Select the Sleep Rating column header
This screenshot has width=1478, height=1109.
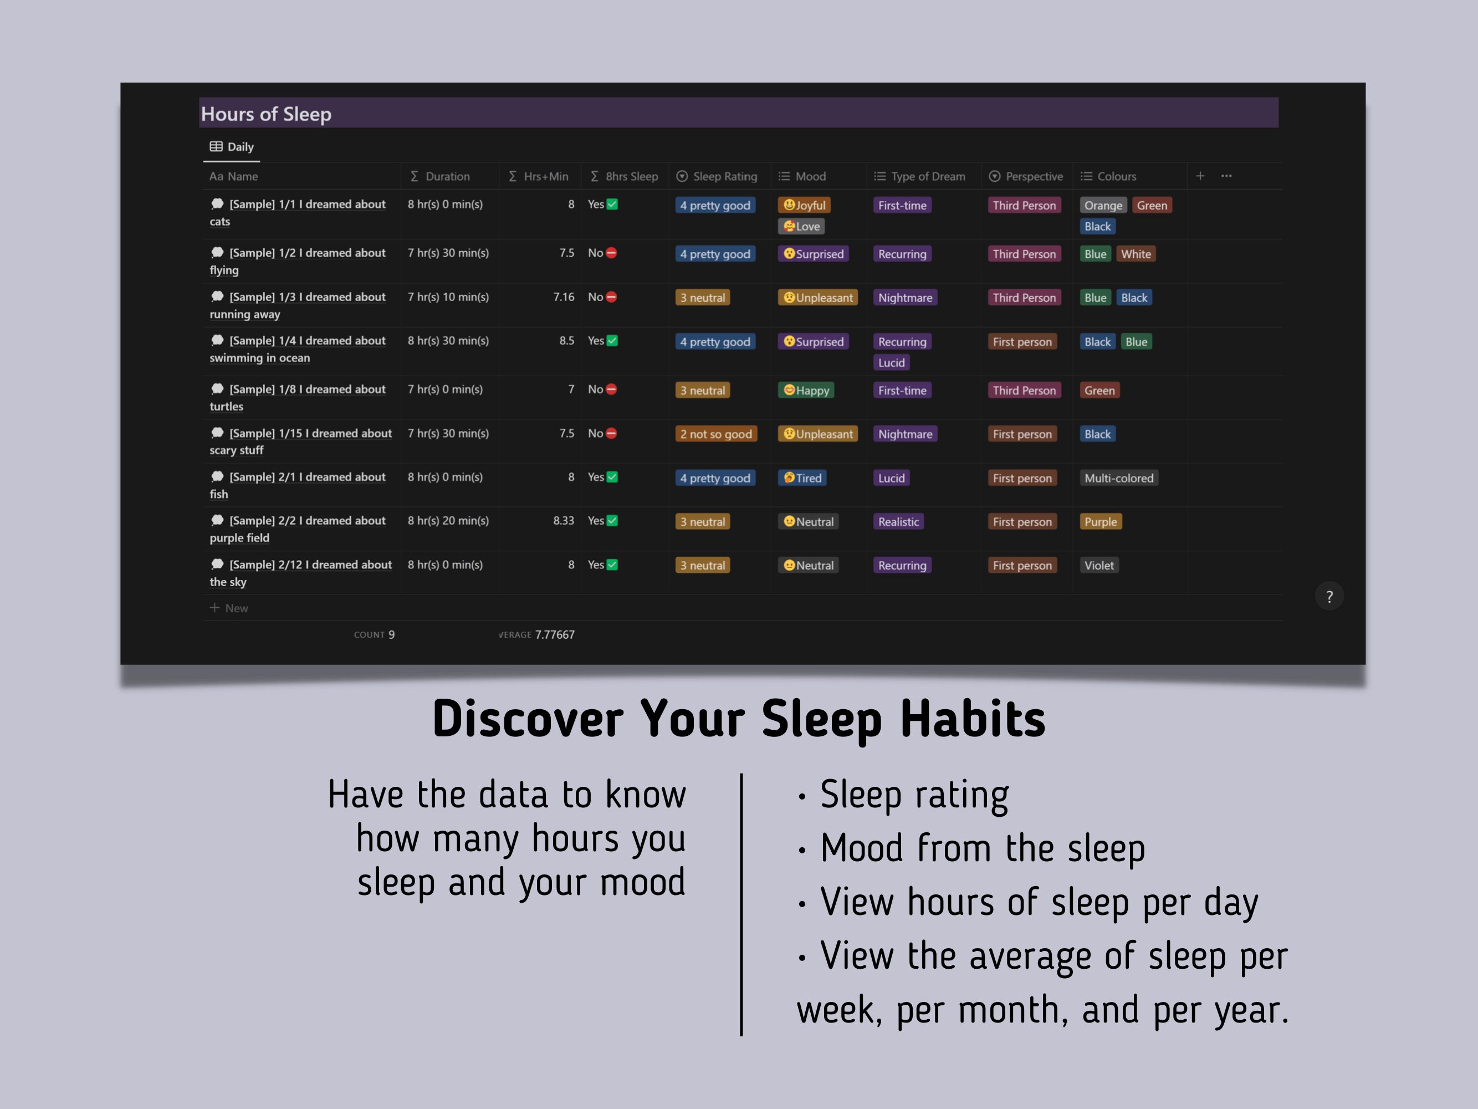tap(717, 176)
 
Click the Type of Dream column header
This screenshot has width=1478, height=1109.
tap(919, 176)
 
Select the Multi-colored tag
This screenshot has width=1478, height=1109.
tap(1118, 478)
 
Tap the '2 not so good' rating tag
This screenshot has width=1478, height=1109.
tap(715, 434)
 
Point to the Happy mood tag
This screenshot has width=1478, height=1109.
tap(806, 390)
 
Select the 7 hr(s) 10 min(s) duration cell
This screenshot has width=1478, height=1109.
tap(448, 297)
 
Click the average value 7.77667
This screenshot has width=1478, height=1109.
tap(555, 634)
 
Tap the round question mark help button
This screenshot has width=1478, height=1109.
tap(1329, 596)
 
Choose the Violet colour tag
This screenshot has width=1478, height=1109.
tap(1098, 566)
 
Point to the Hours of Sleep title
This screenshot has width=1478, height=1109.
tap(266, 114)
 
